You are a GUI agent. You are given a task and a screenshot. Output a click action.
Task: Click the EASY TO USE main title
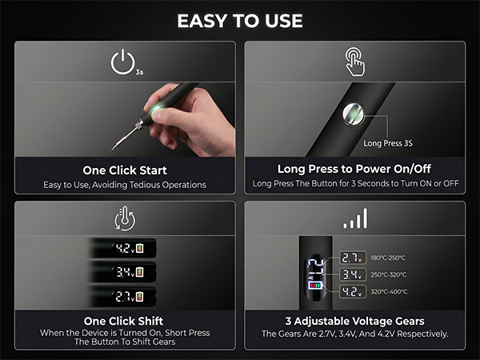point(240,21)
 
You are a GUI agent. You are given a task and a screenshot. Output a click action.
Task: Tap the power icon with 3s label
point(126,62)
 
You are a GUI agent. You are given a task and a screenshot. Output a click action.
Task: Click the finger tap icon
point(354,62)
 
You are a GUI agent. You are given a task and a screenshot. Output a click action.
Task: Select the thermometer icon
point(125,218)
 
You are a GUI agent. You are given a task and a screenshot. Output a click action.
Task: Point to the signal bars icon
point(355,218)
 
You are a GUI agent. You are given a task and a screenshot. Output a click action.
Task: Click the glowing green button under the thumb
point(157,109)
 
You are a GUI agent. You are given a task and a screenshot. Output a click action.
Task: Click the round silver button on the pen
point(353,114)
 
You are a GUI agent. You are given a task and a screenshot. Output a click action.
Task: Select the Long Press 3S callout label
point(388,143)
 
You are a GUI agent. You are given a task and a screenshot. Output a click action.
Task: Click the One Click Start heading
point(125,170)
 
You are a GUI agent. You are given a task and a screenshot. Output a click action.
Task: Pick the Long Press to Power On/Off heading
point(354,169)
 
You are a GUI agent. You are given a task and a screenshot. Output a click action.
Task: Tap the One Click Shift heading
point(124,321)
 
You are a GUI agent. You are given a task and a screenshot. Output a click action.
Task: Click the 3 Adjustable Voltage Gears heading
point(354,321)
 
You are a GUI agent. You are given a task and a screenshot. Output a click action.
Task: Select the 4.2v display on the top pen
point(128,248)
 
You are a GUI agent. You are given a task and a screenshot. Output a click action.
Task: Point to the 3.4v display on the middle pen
point(128,272)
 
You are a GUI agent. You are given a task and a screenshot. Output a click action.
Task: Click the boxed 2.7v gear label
point(352,258)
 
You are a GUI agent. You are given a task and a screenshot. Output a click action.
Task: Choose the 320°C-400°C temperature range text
point(389,292)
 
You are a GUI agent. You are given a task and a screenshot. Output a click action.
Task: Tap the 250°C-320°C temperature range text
point(389,274)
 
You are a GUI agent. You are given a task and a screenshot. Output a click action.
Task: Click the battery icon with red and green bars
point(315,286)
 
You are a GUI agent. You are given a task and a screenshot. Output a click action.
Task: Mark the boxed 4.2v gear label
point(352,292)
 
